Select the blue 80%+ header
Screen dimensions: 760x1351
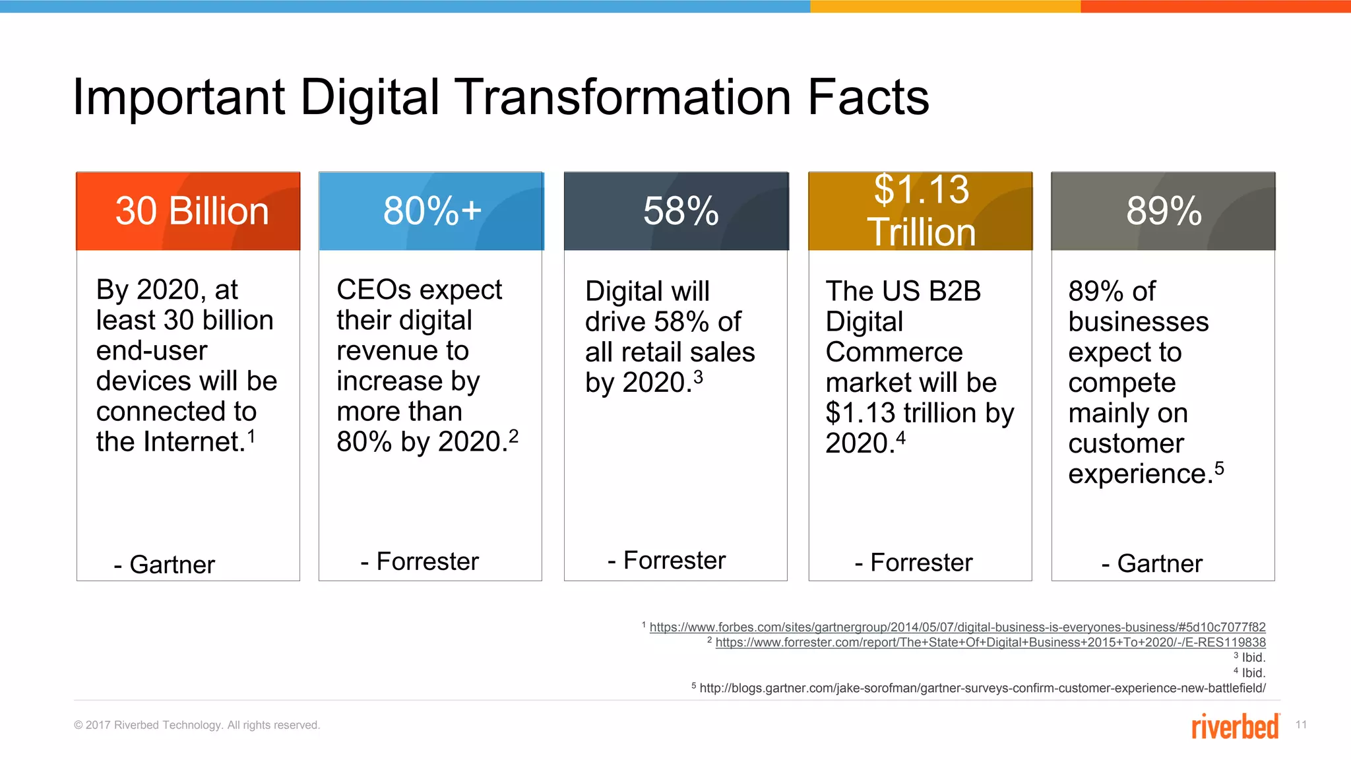pyautogui.click(x=431, y=211)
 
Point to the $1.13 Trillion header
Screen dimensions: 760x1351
pyautogui.click(x=921, y=211)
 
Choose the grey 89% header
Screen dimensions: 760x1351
pyautogui.click(x=1163, y=211)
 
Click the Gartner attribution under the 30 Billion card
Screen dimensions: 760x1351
pyautogui.click(x=165, y=565)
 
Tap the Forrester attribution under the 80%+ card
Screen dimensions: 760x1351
pyautogui.click(x=420, y=561)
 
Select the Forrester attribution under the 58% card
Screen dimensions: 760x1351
pyautogui.click(x=667, y=560)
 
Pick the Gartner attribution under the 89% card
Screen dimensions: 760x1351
pyautogui.click(x=1152, y=563)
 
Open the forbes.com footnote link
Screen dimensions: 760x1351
pyautogui.click(x=957, y=627)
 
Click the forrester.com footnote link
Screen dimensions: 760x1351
pyautogui.click(x=990, y=643)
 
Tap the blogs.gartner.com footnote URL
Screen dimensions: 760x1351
pyautogui.click(x=982, y=688)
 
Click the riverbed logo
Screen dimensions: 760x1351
pyautogui.click(x=1235, y=726)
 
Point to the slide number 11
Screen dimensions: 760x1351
pyautogui.click(x=1301, y=725)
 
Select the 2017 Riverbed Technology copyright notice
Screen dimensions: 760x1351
pyautogui.click(x=197, y=725)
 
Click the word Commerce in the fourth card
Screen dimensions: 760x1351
pyautogui.click(x=894, y=352)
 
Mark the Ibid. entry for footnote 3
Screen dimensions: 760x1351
pyautogui.click(x=1253, y=658)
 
